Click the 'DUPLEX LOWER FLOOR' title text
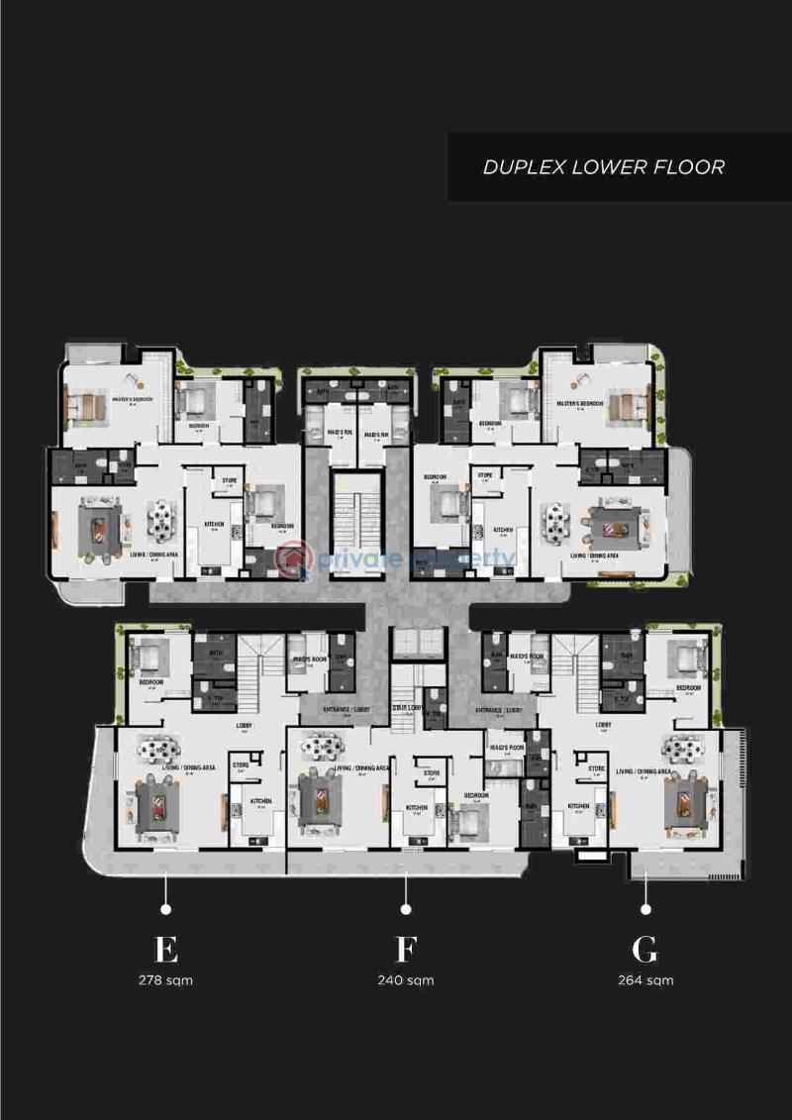click(603, 166)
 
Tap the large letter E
click(166, 949)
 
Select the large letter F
click(405, 949)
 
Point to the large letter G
click(644, 949)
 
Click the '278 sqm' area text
click(166, 980)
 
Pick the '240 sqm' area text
click(405, 980)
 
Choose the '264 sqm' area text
click(644, 980)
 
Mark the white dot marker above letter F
click(405, 908)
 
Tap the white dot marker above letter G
click(645, 908)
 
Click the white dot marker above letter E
click(166, 908)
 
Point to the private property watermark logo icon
click(294, 560)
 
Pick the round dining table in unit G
click(683, 749)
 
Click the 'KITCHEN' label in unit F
click(417, 808)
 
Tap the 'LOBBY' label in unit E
click(244, 726)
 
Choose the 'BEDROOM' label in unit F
click(476, 795)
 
